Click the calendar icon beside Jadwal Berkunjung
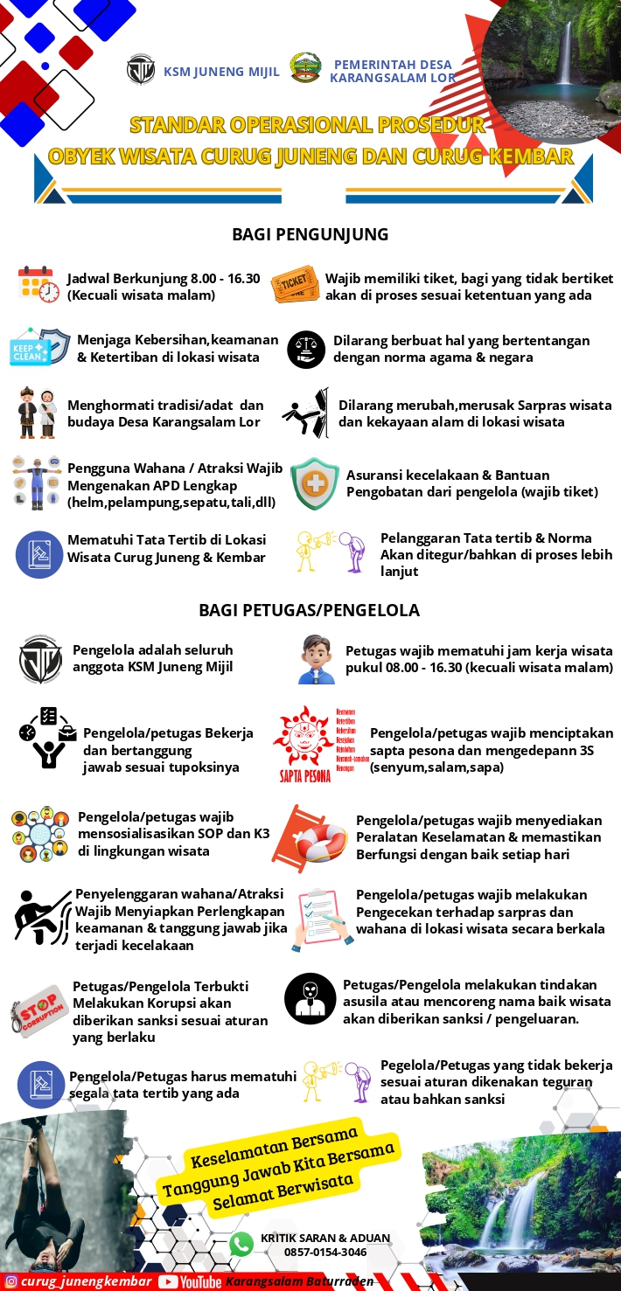(x=38, y=285)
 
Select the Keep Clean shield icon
(x=38, y=348)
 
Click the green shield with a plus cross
(x=315, y=483)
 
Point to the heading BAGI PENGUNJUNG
(x=310, y=234)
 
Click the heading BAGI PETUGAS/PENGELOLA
(x=309, y=610)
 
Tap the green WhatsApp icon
(x=241, y=1245)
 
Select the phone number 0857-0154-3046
(x=324, y=1253)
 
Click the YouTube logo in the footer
(x=190, y=1281)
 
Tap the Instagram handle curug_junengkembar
(x=86, y=1281)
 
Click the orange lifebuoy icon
(x=310, y=839)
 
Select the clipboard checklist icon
(x=321, y=919)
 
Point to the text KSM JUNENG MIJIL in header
(x=221, y=72)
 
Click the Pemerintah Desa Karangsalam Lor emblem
(x=305, y=68)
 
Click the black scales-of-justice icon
(x=306, y=350)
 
